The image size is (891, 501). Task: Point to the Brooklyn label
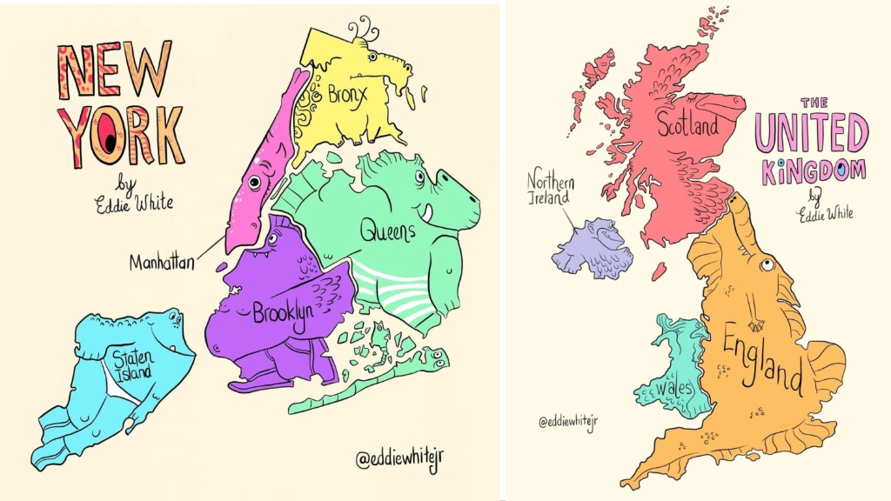coord(283,315)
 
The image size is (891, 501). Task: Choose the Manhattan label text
coord(162,261)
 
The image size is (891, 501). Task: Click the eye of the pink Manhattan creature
coord(254,182)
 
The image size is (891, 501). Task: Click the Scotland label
coord(687,126)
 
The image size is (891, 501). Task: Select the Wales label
coord(675,385)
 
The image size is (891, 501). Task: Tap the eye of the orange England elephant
coord(766,264)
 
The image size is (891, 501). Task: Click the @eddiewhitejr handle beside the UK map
coord(568,423)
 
